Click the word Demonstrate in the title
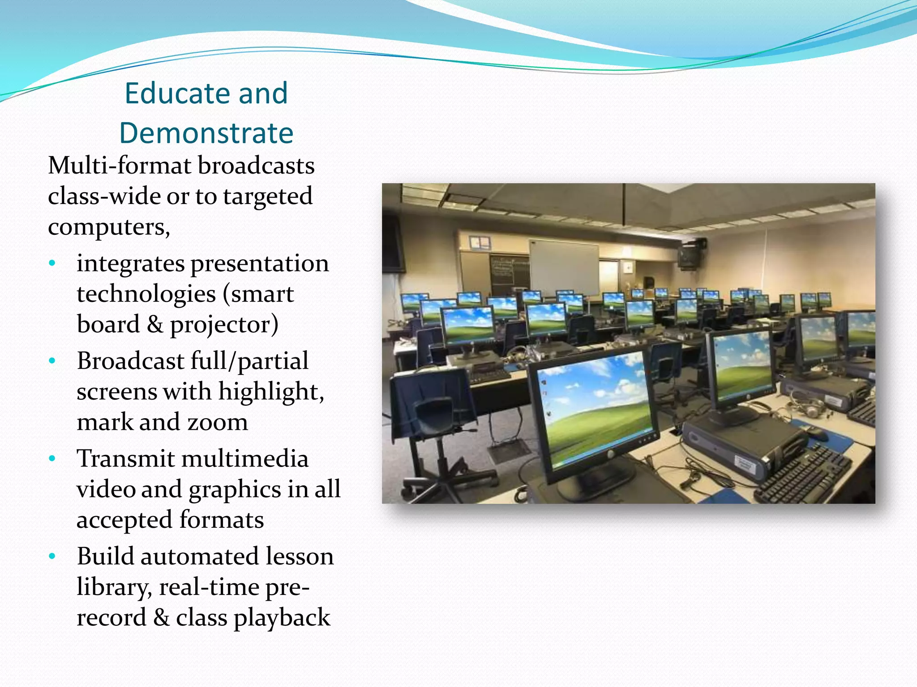pyautogui.click(x=206, y=133)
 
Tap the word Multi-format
pyautogui.click(x=120, y=165)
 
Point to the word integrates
pyautogui.click(x=130, y=263)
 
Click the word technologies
pyautogui.click(x=146, y=294)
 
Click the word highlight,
pyautogui.click(x=271, y=391)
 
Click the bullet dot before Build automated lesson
pyautogui.click(x=52, y=556)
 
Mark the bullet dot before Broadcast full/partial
pyautogui.click(x=52, y=361)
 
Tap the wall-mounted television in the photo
pyautogui.click(x=690, y=255)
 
